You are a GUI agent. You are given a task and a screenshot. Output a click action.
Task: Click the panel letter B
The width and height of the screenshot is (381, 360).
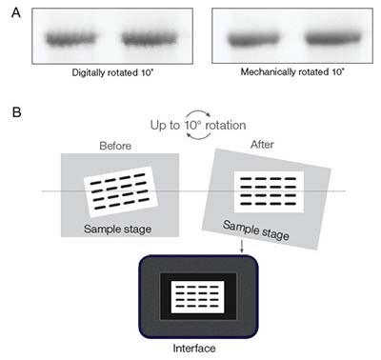click(x=11, y=111)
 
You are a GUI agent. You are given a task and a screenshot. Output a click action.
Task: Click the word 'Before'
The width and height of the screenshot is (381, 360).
click(x=116, y=146)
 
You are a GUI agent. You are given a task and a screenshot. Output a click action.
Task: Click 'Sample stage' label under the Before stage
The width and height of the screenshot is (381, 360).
click(x=115, y=228)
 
